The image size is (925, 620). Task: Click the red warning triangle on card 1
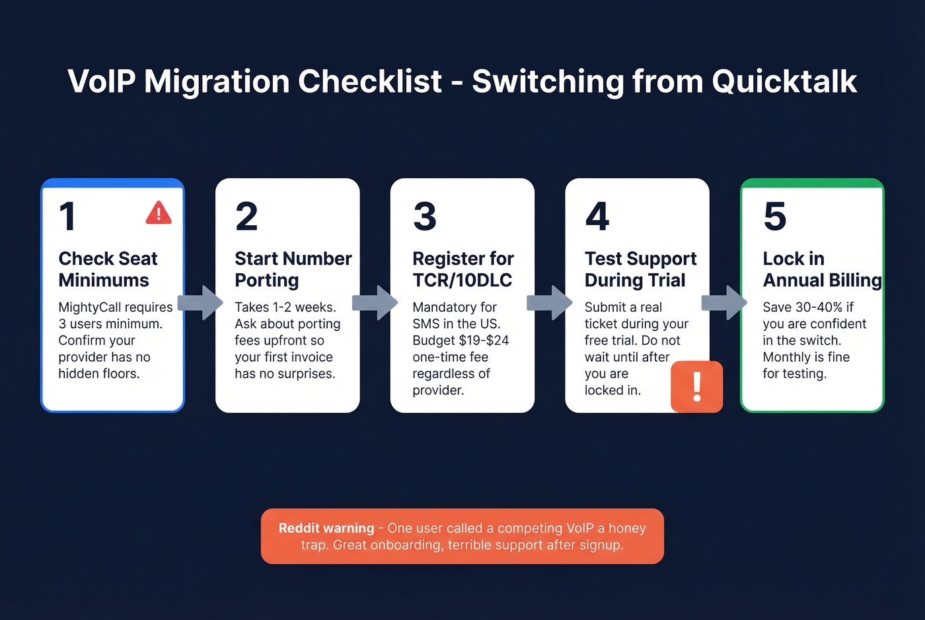point(159,213)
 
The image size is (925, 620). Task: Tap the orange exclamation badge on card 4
point(696,387)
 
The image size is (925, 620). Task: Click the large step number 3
point(425,217)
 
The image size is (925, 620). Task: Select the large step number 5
point(775,217)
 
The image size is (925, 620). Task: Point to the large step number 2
point(246,217)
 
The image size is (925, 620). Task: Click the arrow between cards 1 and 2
point(200,302)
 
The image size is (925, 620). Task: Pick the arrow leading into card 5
point(724,302)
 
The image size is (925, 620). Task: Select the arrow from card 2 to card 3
point(375,302)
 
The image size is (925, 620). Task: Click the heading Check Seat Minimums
point(108,269)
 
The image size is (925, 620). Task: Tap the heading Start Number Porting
point(293,269)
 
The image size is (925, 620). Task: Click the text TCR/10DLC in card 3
point(462,281)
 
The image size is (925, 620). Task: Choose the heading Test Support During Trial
point(640,269)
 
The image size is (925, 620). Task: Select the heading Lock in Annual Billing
point(821,269)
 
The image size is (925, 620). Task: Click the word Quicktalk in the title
point(784,82)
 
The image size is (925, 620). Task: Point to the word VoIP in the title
point(102,82)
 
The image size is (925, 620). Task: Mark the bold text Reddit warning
point(326,528)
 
